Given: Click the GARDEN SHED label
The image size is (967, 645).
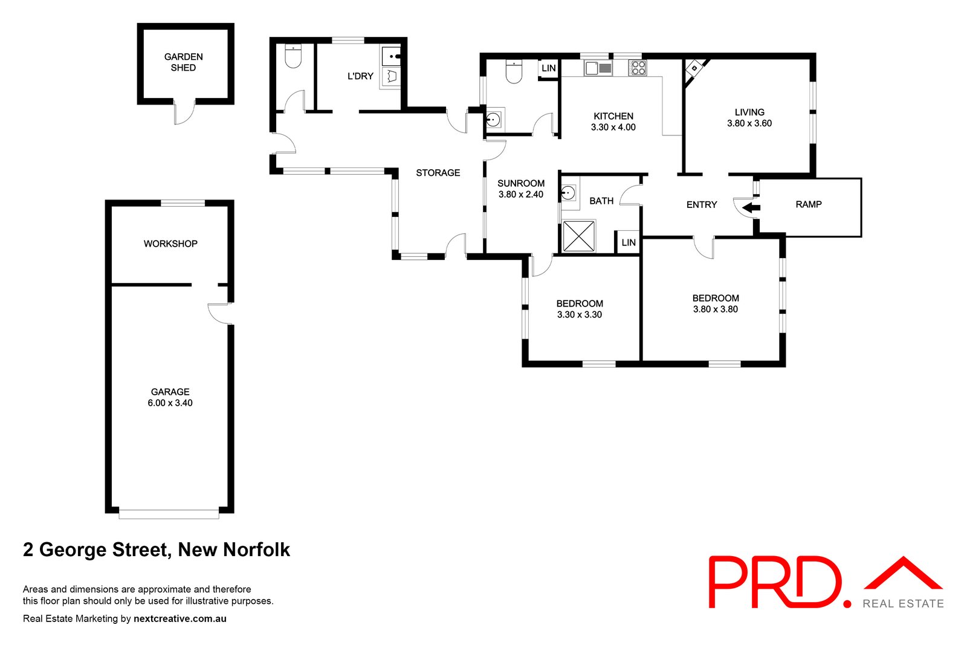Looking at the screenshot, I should (183, 62).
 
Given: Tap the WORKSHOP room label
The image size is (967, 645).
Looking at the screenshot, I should (170, 244).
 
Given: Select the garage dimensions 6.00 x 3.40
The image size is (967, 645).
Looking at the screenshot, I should (170, 403).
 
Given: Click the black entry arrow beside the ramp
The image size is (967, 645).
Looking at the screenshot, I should (750, 208).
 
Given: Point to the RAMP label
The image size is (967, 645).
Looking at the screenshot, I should (809, 204).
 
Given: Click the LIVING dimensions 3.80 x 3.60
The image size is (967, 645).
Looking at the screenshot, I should (749, 123).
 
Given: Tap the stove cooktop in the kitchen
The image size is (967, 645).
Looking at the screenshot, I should (638, 67).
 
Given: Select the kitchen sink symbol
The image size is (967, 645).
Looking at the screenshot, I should (598, 68).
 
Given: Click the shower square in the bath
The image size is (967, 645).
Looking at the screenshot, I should (578, 236).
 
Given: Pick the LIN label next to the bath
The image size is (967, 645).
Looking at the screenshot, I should (629, 242).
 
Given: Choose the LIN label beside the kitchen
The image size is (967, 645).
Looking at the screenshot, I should (549, 68).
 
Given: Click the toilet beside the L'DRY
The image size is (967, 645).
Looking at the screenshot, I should (293, 57).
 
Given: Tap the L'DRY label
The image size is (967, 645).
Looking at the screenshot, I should (360, 76).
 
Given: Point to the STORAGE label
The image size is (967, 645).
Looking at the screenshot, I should (438, 173).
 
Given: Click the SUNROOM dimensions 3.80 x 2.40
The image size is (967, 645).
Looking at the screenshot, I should (521, 195).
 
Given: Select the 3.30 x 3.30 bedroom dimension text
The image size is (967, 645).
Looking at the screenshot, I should (580, 315).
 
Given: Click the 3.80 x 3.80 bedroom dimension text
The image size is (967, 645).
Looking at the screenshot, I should (716, 310).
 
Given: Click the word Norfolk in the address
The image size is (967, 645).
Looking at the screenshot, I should (256, 549).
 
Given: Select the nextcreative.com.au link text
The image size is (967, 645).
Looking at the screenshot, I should (180, 619).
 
